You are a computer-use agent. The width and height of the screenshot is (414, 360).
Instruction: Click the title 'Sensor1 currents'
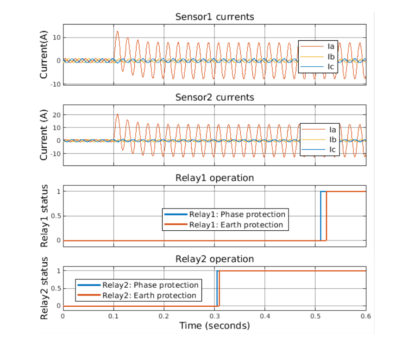click(214, 17)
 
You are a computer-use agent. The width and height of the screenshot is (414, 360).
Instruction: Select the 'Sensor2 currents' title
click(214, 97)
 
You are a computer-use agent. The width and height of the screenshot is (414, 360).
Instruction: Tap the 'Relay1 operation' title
click(214, 178)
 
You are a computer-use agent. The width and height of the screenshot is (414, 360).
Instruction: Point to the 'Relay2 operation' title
click(214, 259)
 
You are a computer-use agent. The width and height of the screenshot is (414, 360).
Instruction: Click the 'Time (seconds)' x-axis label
click(214, 326)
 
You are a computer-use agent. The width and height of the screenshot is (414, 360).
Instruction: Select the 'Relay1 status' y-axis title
click(44, 216)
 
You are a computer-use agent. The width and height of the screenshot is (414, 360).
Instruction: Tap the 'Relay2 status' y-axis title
click(44, 288)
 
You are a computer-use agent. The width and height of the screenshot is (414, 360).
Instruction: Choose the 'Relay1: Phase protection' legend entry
click(237, 215)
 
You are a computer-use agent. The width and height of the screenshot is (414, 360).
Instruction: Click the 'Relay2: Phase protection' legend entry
click(150, 285)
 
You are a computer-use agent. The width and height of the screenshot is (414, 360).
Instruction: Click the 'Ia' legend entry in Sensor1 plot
click(331, 47)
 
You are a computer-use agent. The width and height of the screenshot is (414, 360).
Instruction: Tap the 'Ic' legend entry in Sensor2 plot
click(332, 150)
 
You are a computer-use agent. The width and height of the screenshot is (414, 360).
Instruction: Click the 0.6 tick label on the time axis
click(365, 316)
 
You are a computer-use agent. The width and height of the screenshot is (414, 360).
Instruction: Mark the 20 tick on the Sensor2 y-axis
click(56, 114)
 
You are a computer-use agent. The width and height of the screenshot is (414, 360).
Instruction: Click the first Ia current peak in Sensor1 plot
click(117, 32)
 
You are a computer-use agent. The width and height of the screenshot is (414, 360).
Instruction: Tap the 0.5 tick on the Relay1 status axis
click(55, 216)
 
